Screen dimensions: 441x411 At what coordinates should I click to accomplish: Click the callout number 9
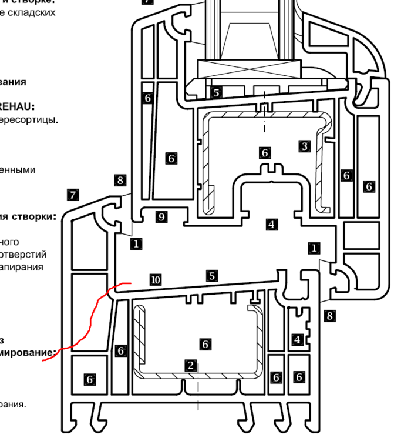pyautogui.click(x=161, y=217)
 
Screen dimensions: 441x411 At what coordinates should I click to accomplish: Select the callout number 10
pyautogui.click(x=155, y=280)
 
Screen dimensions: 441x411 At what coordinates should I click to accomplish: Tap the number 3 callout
pyautogui.click(x=304, y=146)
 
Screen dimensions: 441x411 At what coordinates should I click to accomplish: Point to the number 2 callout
pyautogui.click(x=190, y=365)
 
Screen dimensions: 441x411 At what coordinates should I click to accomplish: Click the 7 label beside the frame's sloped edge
pyautogui.click(x=73, y=195)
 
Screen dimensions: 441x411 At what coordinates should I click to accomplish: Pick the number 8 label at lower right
pyautogui.click(x=329, y=316)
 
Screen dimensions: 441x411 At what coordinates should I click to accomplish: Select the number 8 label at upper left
pyautogui.click(x=120, y=180)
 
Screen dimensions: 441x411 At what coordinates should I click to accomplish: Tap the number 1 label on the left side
pyautogui.click(x=136, y=243)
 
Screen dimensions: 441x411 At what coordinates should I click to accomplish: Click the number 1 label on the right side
pyautogui.click(x=315, y=249)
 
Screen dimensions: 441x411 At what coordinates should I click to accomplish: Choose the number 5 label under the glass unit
pyautogui.click(x=217, y=92)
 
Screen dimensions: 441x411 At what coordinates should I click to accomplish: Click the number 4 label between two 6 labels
pyautogui.click(x=297, y=339)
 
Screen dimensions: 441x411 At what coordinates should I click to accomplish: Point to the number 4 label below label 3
pyautogui.click(x=271, y=224)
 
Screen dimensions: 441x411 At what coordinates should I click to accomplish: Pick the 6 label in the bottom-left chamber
pyautogui.click(x=90, y=380)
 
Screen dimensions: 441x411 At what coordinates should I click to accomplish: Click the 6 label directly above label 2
pyautogui.click(x=205, y=343)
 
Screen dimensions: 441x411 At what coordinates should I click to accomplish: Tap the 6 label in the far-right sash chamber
pyautogui.click(x=369, y=186)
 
